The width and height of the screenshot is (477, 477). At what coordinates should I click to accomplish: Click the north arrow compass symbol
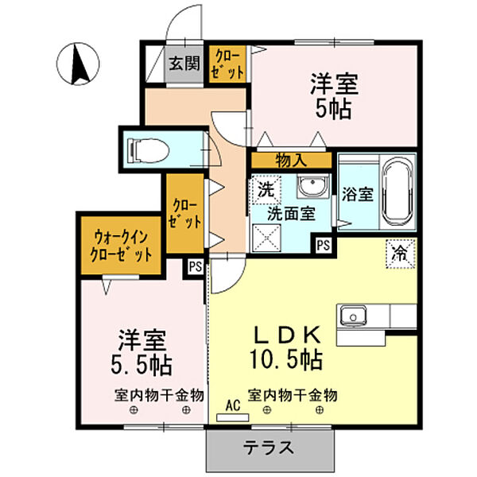coord(79,63)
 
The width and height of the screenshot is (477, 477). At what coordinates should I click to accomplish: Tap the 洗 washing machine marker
coord(264,191)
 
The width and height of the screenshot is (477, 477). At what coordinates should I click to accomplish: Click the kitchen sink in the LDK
coord(351,316)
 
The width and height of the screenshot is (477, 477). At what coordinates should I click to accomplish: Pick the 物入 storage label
coord(290,159)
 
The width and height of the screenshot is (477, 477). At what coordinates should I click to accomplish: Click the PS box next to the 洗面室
coord(323,245)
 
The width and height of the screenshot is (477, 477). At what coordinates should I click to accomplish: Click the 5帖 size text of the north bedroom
coord(333,109)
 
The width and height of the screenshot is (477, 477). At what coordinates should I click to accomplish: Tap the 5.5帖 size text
coord(142,366)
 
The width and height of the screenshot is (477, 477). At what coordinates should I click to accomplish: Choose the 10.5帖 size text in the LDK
coord(285,360)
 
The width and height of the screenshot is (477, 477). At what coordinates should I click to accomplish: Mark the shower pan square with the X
coord(264,238)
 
